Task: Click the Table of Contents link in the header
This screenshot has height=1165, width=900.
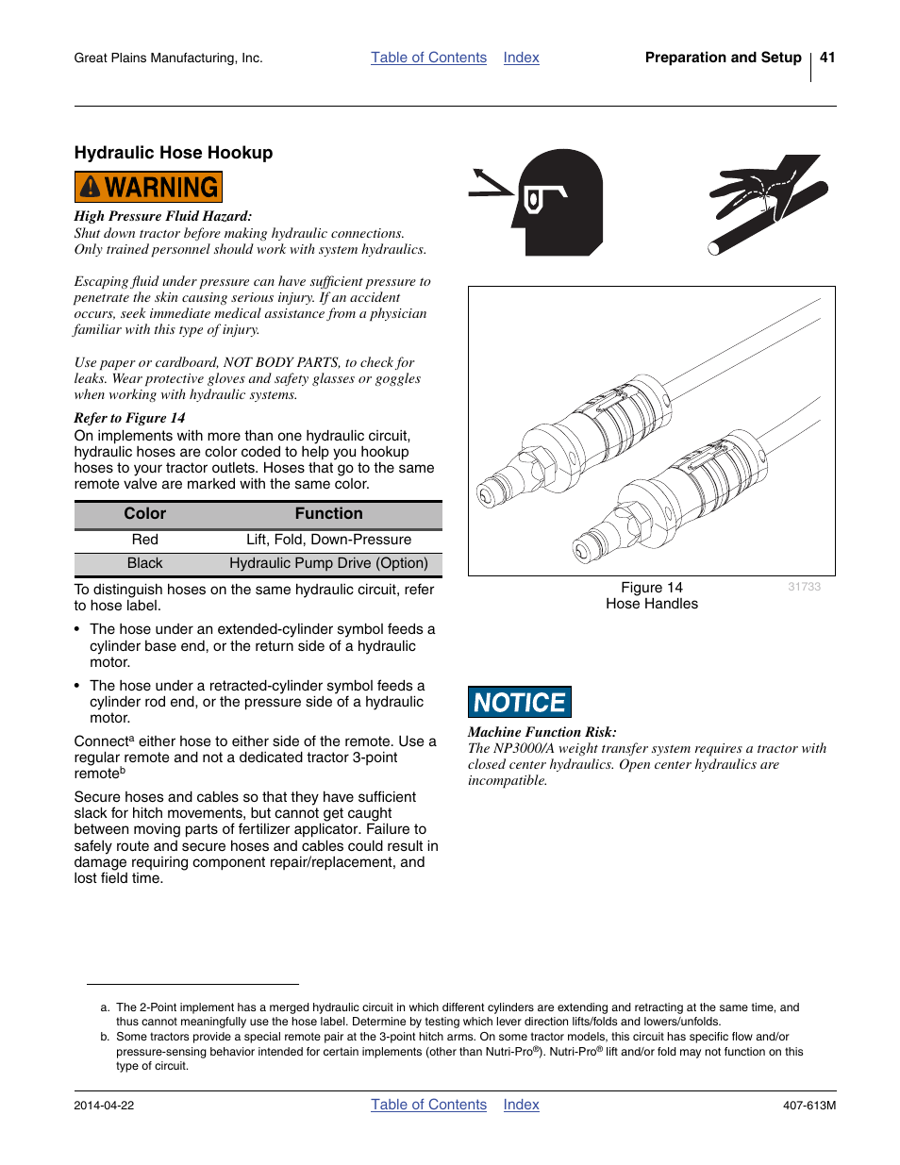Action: (x=428, y=58)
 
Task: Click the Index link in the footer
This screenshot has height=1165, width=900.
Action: (x=521, y=1105)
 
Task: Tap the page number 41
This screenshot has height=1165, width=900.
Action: (x=827, y=58)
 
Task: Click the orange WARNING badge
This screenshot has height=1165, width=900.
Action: (x=148, y=187)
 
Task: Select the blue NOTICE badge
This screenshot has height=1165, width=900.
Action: (x=519, y=702)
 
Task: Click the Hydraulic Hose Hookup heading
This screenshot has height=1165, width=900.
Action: (x=174, y=153)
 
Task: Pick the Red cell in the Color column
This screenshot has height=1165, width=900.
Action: (x=145, y=540)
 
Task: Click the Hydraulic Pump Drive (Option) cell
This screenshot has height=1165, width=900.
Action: (x=328, y=563)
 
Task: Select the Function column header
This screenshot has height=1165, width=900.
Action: (x=328, y=514)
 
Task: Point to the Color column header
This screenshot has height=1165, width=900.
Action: (x=145, y=514)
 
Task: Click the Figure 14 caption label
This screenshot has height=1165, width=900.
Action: (x=651, y=588)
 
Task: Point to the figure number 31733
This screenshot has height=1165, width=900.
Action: (x=804, y=587)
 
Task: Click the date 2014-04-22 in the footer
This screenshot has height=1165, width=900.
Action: (x=104, y=1106)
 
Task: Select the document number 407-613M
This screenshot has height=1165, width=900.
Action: (x=808, y=1106)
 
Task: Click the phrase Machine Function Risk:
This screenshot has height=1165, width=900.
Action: (x=542, y=732)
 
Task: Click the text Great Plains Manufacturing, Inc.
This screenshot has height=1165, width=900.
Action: (x=168, y=58)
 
